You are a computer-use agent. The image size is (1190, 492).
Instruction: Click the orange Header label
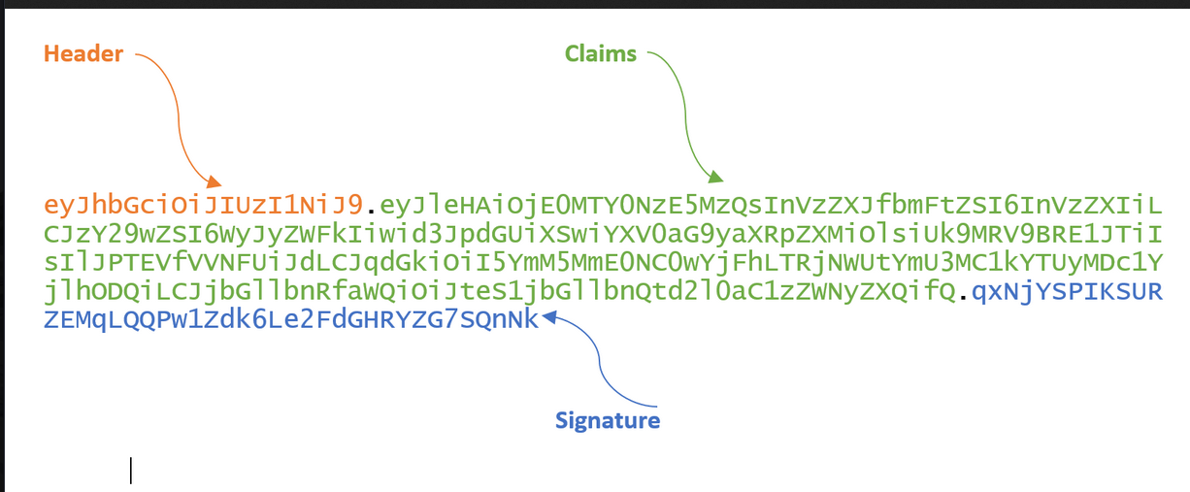pos(83,54)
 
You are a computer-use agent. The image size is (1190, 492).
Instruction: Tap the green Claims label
pos(601,54)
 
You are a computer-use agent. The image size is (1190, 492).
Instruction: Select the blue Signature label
pos(608,420)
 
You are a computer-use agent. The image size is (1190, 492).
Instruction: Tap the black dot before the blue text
pos(963,296)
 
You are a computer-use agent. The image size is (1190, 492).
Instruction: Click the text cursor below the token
pos(131,471)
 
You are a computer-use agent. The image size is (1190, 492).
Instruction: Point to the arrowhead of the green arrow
pos(716,178)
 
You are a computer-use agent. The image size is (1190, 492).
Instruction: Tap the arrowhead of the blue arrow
pos(548,317)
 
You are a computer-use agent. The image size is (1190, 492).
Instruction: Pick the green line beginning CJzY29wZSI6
pos(602,234)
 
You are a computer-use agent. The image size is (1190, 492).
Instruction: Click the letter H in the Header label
pos(50,54)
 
